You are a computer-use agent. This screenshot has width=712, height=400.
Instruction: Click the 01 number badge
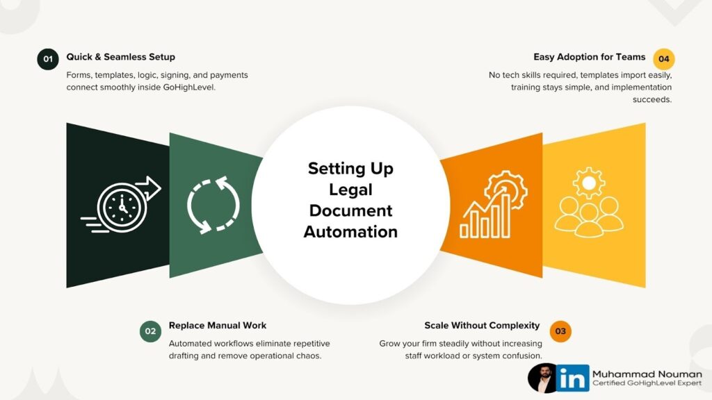(x=47, y=60)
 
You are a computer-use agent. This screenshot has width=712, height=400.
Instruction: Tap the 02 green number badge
(x=149, y=331)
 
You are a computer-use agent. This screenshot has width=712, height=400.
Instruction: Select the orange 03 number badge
(x=560, y=331)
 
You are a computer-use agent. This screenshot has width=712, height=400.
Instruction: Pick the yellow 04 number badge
(x=663, y=59)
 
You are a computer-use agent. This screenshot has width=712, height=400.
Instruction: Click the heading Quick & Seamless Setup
(x=120, y=57)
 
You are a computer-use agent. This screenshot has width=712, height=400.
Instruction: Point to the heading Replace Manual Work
(x=218, y=325)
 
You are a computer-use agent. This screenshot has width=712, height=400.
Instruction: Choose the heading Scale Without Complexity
(x=482, y=325)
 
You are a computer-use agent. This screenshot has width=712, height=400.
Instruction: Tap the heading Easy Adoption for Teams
(x=590, y=57)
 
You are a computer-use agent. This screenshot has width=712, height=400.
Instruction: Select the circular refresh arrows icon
(x=213, y=205)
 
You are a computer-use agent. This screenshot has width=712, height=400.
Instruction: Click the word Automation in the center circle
(x=350, y=231)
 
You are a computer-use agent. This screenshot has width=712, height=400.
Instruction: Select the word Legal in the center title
(x=350, y=190)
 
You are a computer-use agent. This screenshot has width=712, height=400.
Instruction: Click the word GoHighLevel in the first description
(x=186, y=87)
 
